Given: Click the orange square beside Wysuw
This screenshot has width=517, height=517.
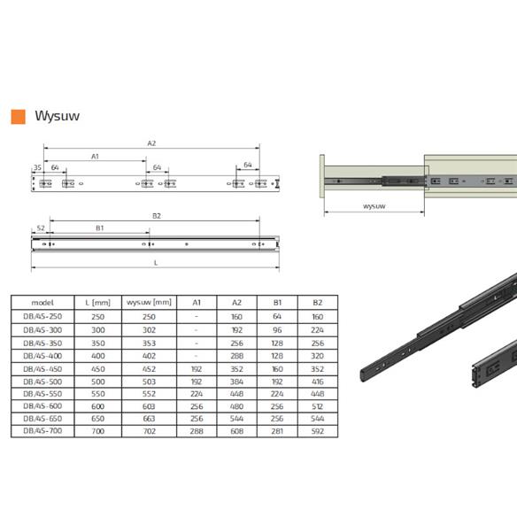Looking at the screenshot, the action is [18, 117].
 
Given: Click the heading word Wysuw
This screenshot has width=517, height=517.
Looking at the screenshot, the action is [57, 116].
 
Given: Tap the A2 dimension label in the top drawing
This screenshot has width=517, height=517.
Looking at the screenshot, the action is [151, 143].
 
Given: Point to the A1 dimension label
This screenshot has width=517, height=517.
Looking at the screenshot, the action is [95, 157].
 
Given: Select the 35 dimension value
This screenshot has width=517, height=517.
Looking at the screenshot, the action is [37, 167].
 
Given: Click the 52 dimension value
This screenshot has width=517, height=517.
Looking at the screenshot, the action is [41, 228].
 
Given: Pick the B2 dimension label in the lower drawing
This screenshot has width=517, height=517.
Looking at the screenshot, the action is [157, 216].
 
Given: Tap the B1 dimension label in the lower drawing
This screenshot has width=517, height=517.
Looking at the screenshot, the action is [99, 228].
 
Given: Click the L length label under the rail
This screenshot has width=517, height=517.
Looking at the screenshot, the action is [156, 263].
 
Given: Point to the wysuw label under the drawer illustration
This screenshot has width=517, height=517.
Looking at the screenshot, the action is [374, 206].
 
